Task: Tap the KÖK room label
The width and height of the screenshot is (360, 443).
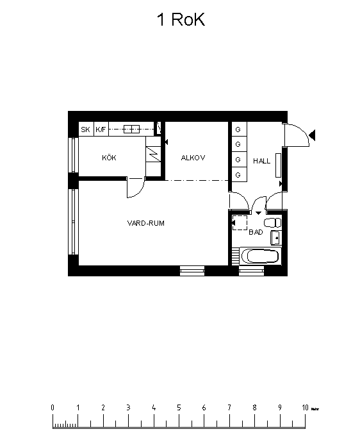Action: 108,158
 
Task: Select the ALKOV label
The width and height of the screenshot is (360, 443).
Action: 192,158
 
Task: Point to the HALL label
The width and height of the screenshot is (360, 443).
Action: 261,161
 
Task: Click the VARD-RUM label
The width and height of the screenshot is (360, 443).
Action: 145,223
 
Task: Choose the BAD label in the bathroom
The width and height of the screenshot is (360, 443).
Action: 256,232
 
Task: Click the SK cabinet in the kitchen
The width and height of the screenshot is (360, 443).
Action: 85,130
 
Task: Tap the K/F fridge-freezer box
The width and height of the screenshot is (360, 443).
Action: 101,130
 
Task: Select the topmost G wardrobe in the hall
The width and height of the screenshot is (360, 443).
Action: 238,129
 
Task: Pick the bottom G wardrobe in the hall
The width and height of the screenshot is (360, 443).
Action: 238,174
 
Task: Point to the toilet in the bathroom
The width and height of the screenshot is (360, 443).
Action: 272,222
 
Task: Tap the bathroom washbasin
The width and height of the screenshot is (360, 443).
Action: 276,238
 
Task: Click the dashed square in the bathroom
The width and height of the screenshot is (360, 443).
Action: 240,222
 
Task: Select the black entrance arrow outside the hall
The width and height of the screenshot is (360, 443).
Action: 313,134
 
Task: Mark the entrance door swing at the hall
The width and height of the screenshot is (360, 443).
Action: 297,135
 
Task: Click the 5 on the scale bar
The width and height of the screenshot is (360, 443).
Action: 179,407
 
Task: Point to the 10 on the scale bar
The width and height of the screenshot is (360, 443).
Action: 305,407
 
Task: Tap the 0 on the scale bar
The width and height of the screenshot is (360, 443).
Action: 53,407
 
